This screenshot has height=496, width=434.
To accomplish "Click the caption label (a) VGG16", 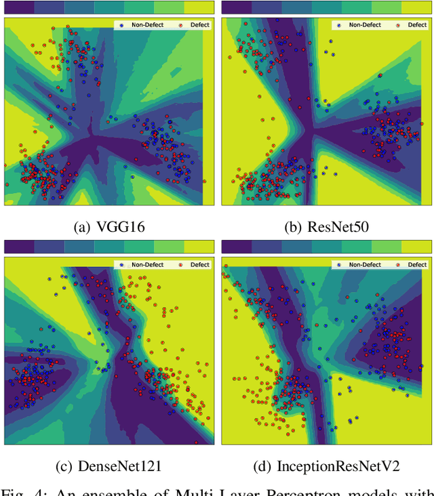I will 108,227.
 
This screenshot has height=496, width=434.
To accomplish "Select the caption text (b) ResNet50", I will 326,227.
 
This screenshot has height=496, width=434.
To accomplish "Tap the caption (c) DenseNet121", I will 108,466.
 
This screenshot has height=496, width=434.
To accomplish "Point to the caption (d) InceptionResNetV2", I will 326,466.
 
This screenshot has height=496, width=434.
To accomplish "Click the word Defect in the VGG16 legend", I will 200,25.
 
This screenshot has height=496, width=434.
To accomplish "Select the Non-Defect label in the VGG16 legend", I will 147,25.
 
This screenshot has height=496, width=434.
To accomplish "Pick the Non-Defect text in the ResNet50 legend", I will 364,25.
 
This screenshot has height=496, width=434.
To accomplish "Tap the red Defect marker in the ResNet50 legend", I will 398,25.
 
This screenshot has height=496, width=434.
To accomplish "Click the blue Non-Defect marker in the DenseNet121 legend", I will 122,264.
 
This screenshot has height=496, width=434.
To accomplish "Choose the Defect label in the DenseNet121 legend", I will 200,264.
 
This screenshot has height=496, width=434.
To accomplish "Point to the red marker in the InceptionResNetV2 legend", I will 398,264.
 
